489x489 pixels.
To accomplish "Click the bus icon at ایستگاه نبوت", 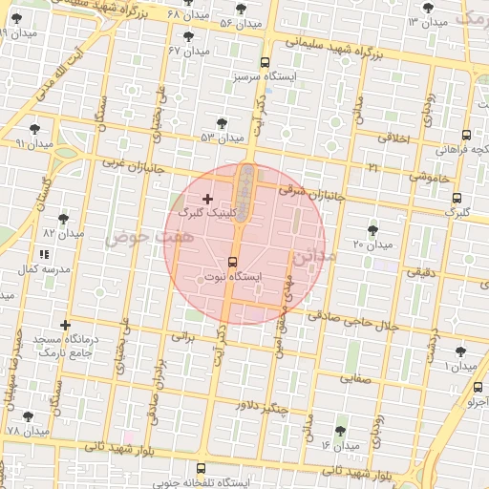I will point(233,262).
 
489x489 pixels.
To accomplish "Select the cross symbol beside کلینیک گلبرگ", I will point(208,198).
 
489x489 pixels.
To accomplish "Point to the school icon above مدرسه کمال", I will point(44,254).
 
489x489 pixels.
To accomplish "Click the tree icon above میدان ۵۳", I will point(223,122).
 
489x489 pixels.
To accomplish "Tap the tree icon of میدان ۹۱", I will point(36,127).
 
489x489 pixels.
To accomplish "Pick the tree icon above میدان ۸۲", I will point(63,218).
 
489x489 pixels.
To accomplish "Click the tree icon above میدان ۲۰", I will point(372,229).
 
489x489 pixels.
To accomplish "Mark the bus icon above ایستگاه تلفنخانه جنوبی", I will point(201,469).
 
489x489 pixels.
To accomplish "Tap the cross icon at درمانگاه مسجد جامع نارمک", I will point(65,325).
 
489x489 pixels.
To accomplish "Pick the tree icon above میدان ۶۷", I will point(188,36).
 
